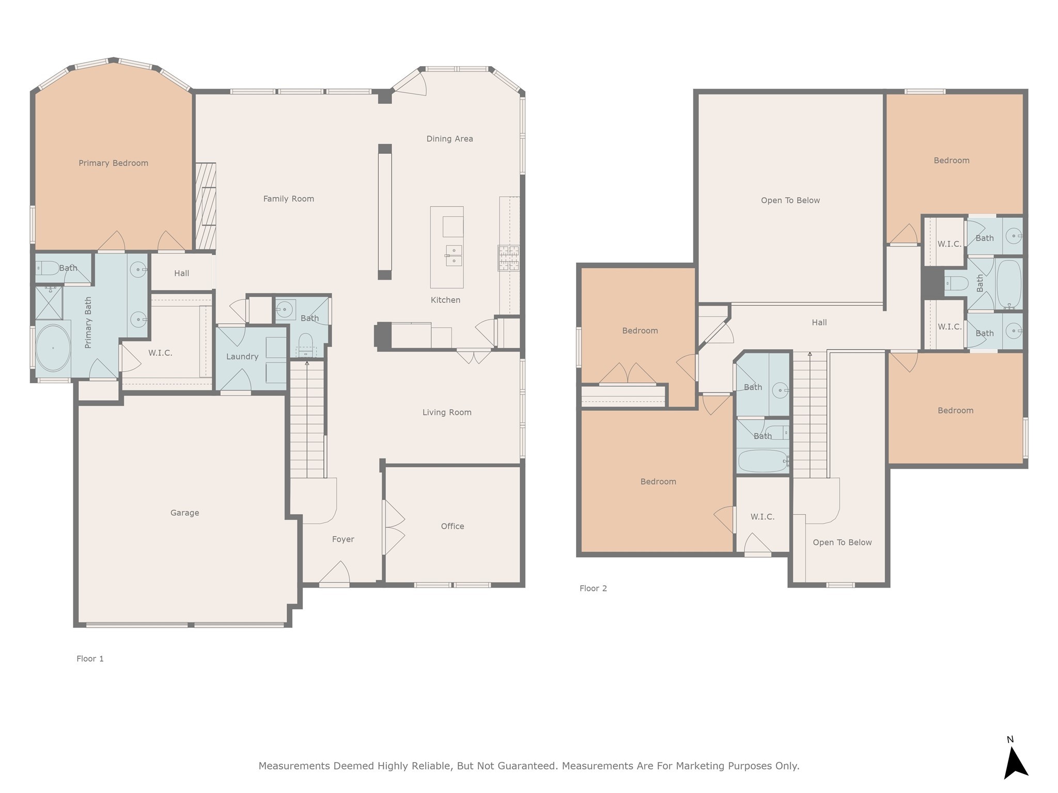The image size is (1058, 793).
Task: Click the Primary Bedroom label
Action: [113, 163]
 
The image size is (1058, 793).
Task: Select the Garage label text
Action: [184, 513]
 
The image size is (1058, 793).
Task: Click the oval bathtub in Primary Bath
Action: [53, 348]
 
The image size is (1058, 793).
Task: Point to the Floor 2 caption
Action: [593, 588]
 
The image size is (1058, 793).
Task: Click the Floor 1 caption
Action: [90, 658]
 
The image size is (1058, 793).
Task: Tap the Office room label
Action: [452, 526]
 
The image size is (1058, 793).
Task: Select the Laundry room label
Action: [242, 356]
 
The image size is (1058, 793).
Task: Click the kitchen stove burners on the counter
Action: [508, 258]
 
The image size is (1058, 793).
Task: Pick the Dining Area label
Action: [449, 138]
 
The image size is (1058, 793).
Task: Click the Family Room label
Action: [288, 199]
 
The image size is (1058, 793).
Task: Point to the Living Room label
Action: [446, 412]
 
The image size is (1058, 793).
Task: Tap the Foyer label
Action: [343, 539]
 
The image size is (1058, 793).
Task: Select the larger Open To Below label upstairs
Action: [790, 200]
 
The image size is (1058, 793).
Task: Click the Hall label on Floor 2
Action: [819, 323]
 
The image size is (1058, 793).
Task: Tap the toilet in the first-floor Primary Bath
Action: [48, 267]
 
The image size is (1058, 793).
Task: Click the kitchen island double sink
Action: [454, 256]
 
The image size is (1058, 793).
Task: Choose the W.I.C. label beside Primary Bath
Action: [160, 353]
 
